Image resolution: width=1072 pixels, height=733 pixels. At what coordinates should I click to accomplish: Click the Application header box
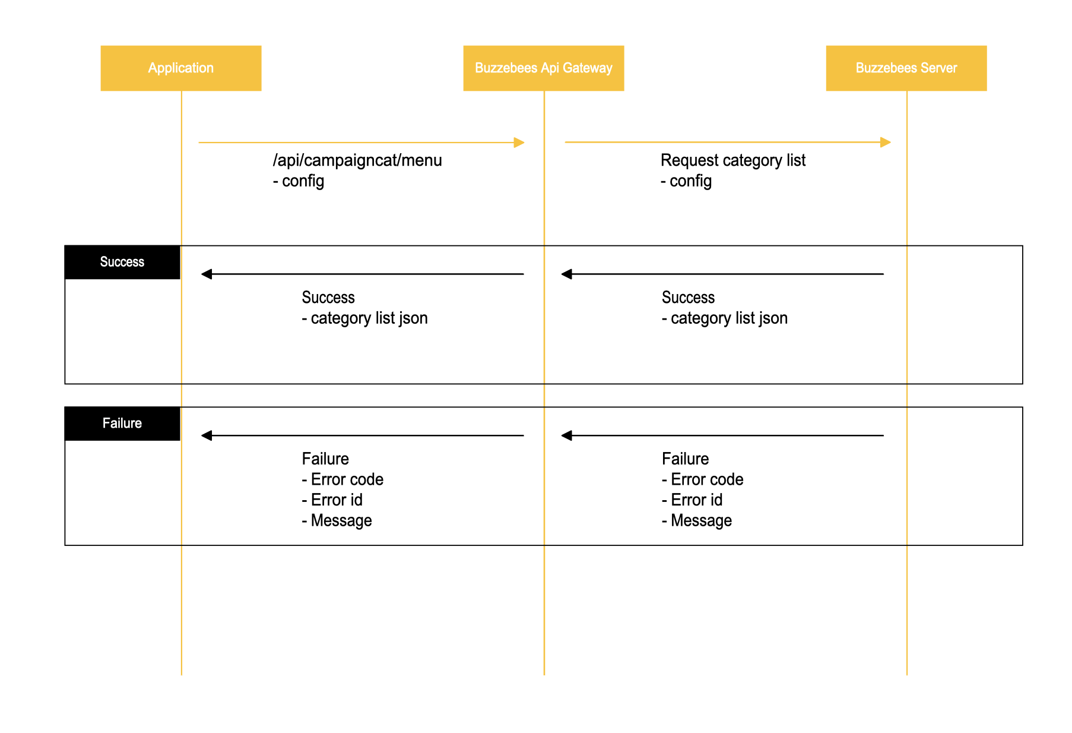pyautogui.click(x=180, y=68)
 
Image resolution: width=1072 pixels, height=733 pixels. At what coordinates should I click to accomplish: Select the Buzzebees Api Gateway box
pyautogui.click(x=543, y=68)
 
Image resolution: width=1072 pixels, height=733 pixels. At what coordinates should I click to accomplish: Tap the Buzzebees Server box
pyautogui.click(x=906, y=68)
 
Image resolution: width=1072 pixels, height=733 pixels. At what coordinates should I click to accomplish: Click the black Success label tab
pyautogui.click(x=122, y=262)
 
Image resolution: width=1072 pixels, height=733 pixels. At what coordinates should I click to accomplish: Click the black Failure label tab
pyautogui.click(x=122, y=424)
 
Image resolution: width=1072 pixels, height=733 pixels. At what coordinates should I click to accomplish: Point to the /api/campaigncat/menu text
pyautogui.click(x=357, y=160)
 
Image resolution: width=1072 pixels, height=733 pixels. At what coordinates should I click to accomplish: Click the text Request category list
pyautogui.click(x=732, y=160)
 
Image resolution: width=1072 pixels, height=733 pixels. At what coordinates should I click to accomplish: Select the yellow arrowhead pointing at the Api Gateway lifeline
pyautogui.click(x=519, y=143)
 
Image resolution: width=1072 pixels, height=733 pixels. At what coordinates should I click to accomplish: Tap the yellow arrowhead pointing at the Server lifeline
pyautogui.click(x=886, y=143)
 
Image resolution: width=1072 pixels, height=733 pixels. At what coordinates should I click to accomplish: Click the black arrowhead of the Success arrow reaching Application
pyautogui.click(x=207, y=274)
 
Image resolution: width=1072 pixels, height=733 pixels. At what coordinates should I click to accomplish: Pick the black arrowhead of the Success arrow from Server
pyautogui.click(x=567, y=274)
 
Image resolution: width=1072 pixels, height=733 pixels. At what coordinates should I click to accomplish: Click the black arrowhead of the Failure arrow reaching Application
pyautogui.click(x=207, y=435)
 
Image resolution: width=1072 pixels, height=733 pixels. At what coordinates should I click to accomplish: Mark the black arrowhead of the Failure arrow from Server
pyautogui.click(x=567, y=435)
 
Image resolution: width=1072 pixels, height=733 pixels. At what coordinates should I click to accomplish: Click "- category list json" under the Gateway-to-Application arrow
pyautogui.click(x=364, y=318)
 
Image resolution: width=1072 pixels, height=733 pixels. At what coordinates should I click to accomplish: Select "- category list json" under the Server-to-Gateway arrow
pyautogui.click(x=724, y=318)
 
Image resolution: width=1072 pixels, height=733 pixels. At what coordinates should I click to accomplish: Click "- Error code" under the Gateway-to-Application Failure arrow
pyautogui.click(x=342, y=479)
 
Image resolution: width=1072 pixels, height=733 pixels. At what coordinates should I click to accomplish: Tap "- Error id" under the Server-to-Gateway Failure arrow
pyautogui.click(x=692, y=500)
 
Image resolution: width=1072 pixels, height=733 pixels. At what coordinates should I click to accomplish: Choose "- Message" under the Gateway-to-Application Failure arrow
pyautogui.click(x=337, y=521)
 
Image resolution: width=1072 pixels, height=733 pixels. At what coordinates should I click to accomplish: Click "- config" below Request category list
pyautogui.click(x=686, y=181)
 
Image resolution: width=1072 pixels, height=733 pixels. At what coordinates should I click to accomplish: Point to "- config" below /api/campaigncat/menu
pyautogui.click(x=299, y=181)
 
